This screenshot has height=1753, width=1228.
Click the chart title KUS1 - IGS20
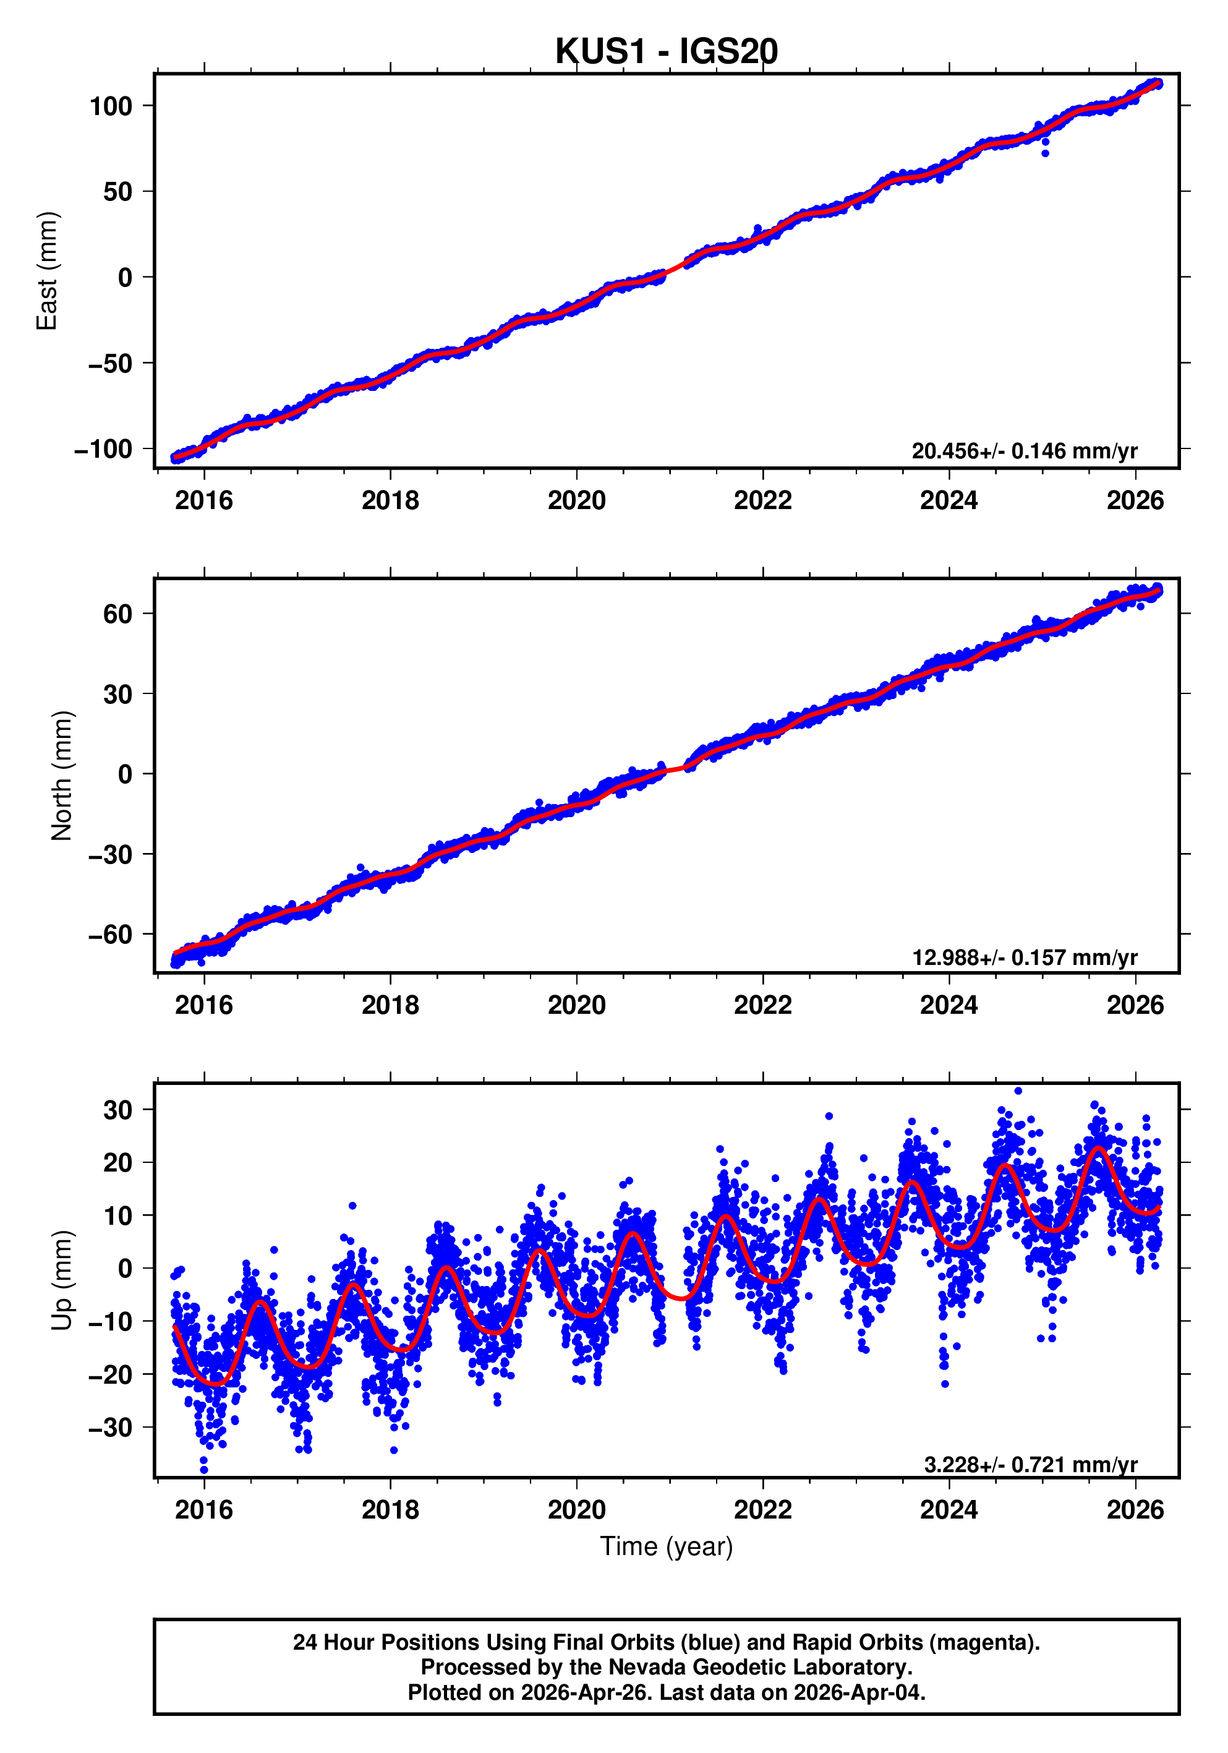667,51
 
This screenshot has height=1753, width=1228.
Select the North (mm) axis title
62,776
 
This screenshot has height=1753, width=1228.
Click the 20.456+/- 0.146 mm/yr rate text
1024,451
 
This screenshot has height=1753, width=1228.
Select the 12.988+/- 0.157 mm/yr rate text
1024,957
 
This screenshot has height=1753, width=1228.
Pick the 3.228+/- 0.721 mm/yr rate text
1030,1464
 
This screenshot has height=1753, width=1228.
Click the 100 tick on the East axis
111,106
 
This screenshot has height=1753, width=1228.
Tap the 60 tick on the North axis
117,614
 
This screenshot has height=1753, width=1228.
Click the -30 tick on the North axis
111,854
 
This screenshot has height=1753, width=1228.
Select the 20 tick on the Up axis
117,1163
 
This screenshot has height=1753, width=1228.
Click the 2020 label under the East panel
576,501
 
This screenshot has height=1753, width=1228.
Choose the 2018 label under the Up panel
390,1510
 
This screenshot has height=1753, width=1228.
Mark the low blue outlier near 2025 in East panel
1045,153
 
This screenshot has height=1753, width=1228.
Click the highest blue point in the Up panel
1018,1091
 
